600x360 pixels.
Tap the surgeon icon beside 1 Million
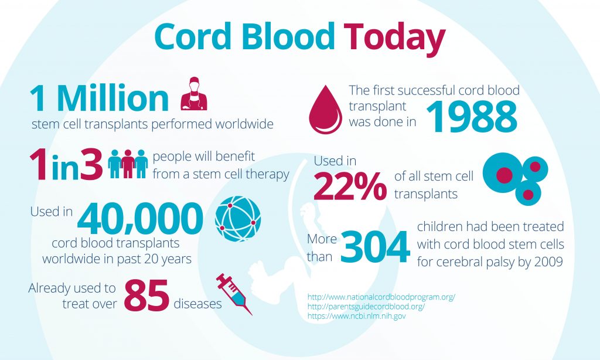[194, 93]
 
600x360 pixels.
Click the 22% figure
[350, 186]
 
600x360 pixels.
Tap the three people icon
[128, 165]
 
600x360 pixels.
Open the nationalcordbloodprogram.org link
[381, 297]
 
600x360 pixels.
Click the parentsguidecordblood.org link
[366, 307]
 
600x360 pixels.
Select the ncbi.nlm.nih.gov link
[356, 316]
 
